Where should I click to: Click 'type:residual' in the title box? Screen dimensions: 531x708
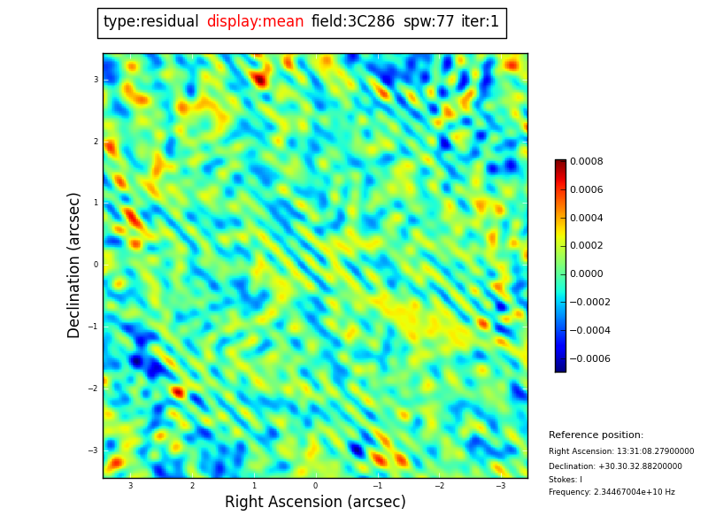click(150, 22)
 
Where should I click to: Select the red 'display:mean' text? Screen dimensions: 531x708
click(255, 22)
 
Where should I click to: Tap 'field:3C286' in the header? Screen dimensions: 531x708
click(353, 22)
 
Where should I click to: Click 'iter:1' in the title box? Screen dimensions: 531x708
click(480, 22)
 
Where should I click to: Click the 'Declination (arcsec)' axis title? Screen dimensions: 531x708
click(74, 265)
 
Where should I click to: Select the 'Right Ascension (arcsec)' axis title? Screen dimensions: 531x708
click(315, 503)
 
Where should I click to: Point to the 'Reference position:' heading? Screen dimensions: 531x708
click(596, 435)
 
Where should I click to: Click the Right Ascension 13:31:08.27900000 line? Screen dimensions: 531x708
click(621, 451)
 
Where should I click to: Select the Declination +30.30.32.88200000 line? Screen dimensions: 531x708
click(615, 466)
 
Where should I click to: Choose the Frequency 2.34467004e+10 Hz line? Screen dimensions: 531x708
click(612, 492)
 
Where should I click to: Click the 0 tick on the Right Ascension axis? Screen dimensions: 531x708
click(315, 486)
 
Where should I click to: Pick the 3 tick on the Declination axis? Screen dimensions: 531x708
click(96, 80)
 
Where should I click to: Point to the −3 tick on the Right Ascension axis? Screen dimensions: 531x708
click(500, 486)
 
